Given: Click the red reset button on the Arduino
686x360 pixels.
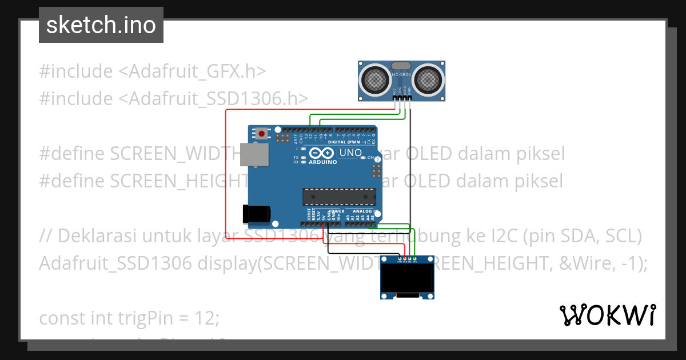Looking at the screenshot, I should click(262, 134).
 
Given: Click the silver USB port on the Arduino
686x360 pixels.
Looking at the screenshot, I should click(254, 155).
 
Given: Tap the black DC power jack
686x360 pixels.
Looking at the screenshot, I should click(256, 214).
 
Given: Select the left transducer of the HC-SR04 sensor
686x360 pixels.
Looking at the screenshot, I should click(375, 80).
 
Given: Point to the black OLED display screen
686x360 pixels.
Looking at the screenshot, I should click(407, 279).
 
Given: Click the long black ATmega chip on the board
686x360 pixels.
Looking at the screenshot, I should click(339, 197).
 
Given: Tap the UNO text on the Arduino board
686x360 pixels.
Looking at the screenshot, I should click(350, 153).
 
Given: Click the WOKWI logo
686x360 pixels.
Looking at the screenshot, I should click(607, 315).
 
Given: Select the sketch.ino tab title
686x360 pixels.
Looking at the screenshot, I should click(101, 25).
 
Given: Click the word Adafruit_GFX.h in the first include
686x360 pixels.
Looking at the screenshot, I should click(192, 71).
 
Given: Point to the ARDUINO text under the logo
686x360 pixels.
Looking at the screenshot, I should click(322, 162).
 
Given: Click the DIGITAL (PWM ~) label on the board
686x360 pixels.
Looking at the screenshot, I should click(346, 142).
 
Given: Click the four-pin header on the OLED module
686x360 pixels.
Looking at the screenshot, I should click(407, 259).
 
